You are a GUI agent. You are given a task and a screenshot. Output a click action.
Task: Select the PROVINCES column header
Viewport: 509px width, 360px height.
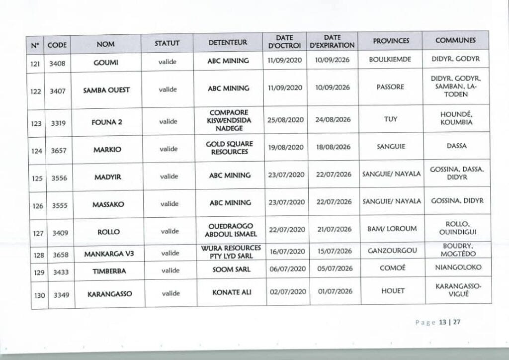point(391,41)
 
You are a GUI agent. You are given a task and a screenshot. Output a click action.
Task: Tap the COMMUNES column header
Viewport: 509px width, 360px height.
point(455,40)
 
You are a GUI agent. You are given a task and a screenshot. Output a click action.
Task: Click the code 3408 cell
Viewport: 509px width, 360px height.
point(58,63)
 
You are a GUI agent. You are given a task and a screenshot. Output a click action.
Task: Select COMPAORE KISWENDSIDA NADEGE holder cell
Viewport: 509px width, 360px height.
point(229,120)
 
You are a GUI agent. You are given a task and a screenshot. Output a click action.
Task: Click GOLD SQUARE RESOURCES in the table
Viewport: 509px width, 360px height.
point(229,148)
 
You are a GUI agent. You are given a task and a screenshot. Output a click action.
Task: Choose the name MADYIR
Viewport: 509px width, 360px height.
point(108,176)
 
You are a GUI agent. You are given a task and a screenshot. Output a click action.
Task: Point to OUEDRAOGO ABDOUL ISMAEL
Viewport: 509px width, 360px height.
point(229,230)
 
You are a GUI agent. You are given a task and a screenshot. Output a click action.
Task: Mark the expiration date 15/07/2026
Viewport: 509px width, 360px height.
point(334,253)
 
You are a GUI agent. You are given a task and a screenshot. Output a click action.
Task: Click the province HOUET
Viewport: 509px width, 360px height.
point(393,291)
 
